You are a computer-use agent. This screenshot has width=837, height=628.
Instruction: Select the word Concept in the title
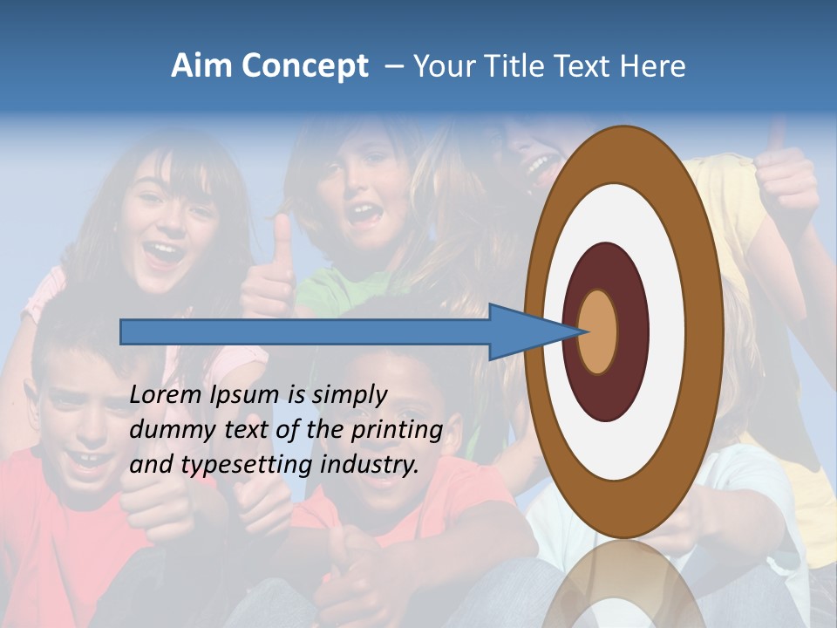304,66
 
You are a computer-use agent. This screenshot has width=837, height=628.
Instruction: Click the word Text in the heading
586,66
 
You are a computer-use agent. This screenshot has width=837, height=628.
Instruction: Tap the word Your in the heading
439,66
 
